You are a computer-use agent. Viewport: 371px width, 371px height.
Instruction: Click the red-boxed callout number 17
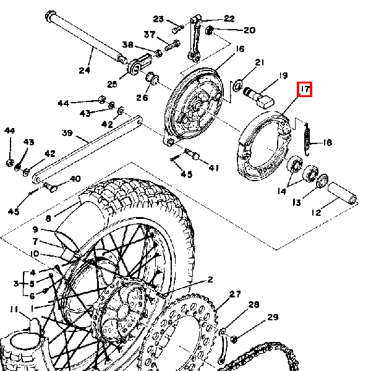click(x=304, y=90)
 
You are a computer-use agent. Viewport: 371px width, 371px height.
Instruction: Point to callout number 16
click(x=240, y=49)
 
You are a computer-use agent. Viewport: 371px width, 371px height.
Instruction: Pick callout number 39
click(x=67, y=132)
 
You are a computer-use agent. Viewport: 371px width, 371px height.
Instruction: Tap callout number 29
click(x=273, y=317)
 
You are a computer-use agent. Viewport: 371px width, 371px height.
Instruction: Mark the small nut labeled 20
click(x=210, y=30)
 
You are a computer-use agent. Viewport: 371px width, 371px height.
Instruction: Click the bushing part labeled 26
click(x=151, y=79)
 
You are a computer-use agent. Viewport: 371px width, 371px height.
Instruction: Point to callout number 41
click(x=213, y=168)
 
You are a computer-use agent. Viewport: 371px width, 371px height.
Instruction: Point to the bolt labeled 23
click(x=178, y=27)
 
